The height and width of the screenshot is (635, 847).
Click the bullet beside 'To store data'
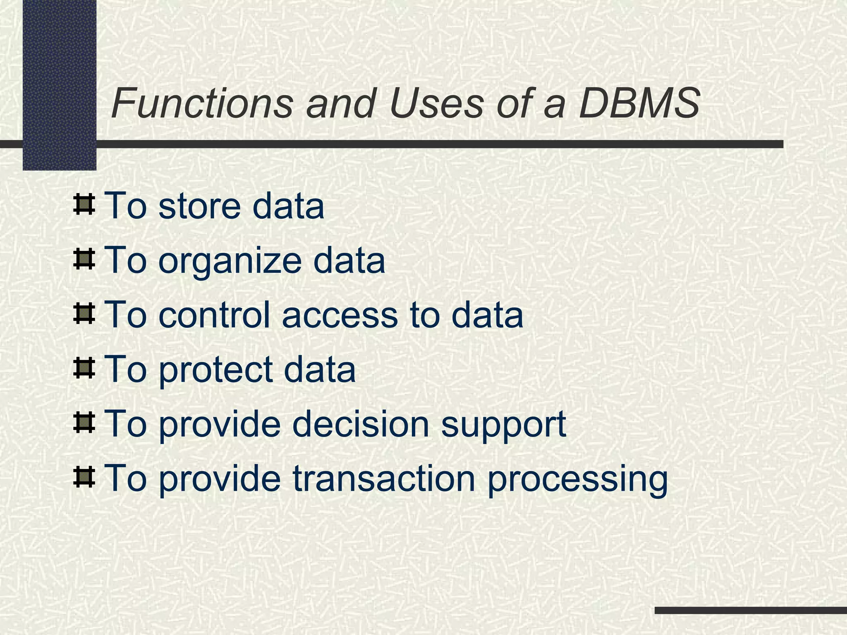(84, 205)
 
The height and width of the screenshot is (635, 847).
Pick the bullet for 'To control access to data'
(84, 314)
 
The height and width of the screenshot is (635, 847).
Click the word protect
(215, 370)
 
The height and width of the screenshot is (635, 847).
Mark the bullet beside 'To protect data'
(84, 369)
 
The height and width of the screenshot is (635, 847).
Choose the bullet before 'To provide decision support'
(84, 423)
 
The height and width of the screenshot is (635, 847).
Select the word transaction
(384, 479)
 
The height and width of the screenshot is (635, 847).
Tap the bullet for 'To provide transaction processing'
(84, 477)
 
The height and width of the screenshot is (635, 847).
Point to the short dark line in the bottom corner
(751, 610)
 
